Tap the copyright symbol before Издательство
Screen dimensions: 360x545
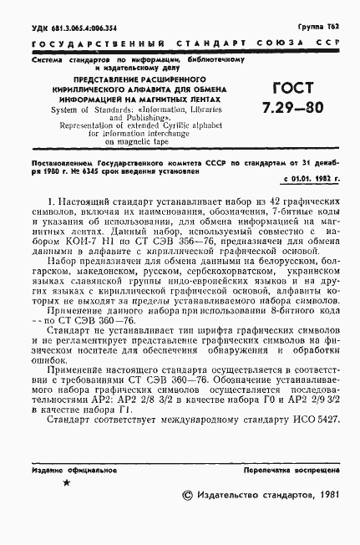[187, 497]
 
